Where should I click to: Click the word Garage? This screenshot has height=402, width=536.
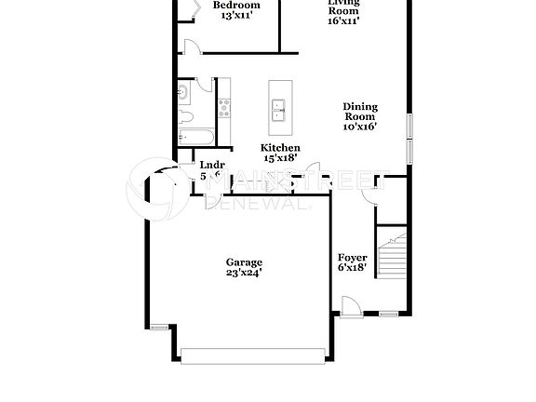pos(244,262)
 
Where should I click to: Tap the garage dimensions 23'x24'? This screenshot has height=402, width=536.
pos(244,274)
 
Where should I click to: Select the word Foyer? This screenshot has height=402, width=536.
pos(352,257)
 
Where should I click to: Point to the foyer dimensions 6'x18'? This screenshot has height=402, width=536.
pos(352,268)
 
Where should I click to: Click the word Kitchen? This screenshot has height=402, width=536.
pos(279,148)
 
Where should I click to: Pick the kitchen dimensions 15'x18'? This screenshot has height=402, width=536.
pos(279,159)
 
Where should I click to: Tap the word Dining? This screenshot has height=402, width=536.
pos(360,106)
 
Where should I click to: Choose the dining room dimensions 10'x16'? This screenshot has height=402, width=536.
pos(360,127)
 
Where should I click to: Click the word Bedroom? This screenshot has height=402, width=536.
pos(236,6)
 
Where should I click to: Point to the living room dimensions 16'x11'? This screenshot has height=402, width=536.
pos(343,20)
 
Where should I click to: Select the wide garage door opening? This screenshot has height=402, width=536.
pos(253,355)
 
